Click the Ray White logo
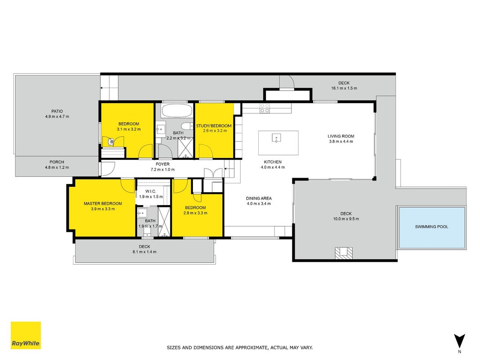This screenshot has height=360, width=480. (26, 335)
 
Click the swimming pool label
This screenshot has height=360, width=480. (431, 227)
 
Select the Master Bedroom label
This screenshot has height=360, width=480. (103, 203)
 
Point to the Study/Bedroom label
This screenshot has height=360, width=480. (214, 126)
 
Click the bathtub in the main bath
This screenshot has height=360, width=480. (177, 111)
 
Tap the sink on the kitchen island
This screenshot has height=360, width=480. (276, 138)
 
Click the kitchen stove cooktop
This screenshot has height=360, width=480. (265, 108)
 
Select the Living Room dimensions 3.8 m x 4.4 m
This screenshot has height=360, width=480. (341, 141)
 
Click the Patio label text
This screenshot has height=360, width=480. (57, 112)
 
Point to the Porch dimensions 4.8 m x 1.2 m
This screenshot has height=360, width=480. (57, 167)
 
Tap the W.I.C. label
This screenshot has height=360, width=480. (151, 191)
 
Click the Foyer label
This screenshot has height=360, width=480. (162, 164)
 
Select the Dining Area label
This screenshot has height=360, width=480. (259, 198)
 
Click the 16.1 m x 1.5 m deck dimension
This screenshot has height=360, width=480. (344, 88)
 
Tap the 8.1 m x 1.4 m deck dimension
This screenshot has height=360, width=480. (144, 252)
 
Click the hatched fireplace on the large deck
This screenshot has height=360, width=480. (344, 253)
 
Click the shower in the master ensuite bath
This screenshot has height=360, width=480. (164, 222)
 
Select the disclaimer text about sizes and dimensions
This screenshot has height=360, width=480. (240, 348)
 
